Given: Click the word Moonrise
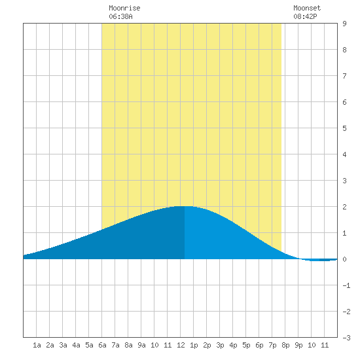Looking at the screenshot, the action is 124,8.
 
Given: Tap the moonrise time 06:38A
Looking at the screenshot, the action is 120,16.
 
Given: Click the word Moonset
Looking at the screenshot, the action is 307,8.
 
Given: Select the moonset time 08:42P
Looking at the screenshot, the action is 305,16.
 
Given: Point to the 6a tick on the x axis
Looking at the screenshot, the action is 102,345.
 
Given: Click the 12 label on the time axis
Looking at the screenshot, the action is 181,345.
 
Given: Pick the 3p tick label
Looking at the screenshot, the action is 220,345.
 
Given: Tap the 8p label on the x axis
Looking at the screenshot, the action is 285,345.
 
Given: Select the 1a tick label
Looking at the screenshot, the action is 37,345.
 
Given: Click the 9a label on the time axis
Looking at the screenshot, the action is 141,345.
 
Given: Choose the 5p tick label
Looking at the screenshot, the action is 246,345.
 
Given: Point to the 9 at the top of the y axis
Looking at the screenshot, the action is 344,24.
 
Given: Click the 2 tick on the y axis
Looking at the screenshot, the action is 344,207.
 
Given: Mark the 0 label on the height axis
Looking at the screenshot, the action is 344,259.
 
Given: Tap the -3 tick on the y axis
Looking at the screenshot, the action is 346,338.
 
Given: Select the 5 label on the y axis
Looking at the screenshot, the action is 344,128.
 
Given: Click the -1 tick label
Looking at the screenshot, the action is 346,285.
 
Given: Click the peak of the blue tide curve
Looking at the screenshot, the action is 184,206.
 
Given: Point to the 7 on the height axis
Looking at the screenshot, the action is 344,76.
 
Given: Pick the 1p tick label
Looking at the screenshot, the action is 194,345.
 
